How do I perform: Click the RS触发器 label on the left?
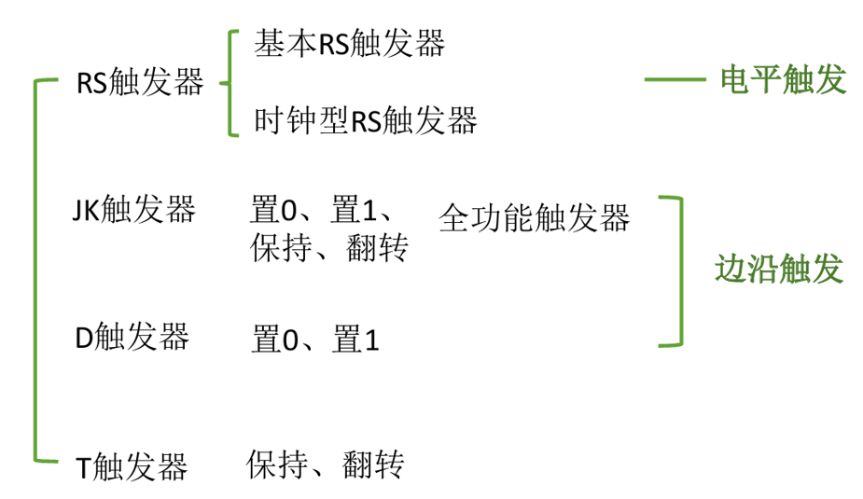click(140, 83)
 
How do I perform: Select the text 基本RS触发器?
click(349, 43)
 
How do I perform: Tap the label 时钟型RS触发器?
click(366, 120)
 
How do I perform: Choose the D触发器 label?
click(132, 337)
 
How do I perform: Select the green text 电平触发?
click(783, 80)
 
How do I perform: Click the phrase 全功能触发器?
click(534, 218)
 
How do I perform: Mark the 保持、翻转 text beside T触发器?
click(326, 464)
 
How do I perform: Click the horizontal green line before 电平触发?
click(675, 79)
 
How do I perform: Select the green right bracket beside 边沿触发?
click(678, 270)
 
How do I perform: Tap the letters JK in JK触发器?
click(85, 209)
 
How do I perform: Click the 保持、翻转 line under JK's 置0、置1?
click(328, 248)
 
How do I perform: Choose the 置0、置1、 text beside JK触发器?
click(327, 209)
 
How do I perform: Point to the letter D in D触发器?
click(82, 337)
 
